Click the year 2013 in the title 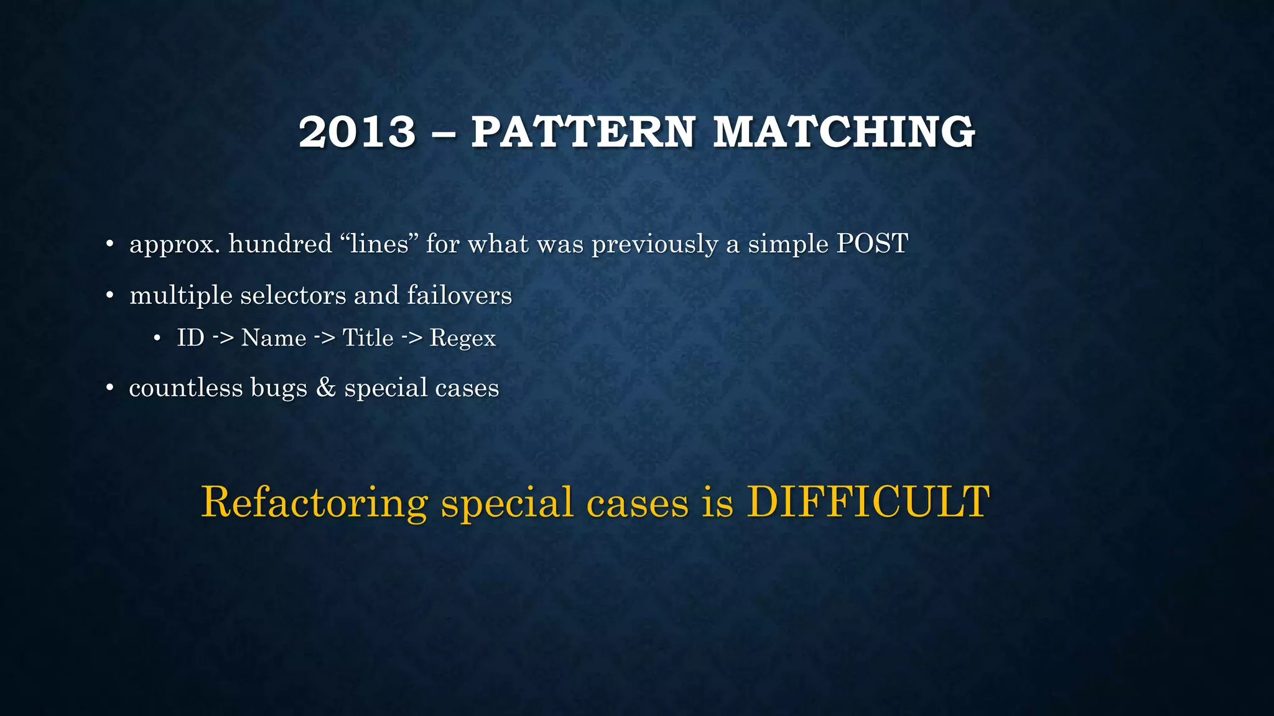[356, 132]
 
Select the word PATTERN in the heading [582, 132]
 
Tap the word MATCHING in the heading [844, 132]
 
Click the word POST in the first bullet [872, 244]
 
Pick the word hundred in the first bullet [280, 244]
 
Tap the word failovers [459, 295]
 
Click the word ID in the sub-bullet [190, 338]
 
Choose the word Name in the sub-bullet [274, 338]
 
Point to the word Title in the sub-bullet [368, 338]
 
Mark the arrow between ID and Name [223, 338]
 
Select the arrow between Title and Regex [412, 338]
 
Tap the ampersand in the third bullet [325, 388]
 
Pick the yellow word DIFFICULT [868, 502]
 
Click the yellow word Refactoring [315, 503]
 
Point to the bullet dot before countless [109, 388]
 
